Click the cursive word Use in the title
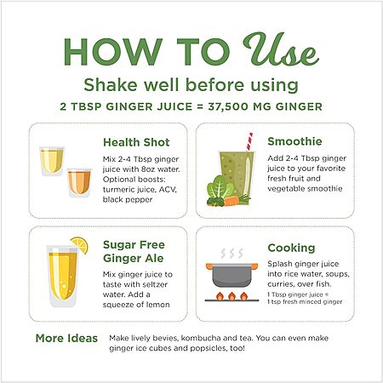coord(281,49)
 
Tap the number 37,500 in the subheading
coord(228,106)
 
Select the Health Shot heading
coord(136,142)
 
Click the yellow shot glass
coord(52,161)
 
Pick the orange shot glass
coord(79,182)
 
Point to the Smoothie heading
coord(294,141)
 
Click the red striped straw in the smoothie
coord(249,141)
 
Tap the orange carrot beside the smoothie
coord(232,201)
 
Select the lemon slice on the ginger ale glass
coord(79,244)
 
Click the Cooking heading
coord(291,248)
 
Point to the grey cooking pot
coord(232,275)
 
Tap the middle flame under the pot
coord(232,296)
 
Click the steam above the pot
coord(232,253)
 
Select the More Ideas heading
coord(66,338)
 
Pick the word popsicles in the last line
coord(209,348)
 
